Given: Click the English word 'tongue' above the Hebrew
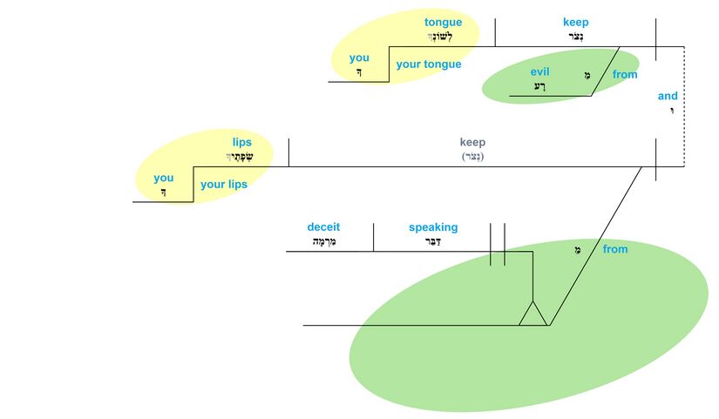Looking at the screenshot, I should [x=443, y=23].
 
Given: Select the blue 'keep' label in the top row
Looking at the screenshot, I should [x=575, y=23].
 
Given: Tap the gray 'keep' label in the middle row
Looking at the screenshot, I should [x=472, y=142].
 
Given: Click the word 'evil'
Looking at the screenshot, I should [x=540, y=71].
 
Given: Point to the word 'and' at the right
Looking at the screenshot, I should [x=668, y=96].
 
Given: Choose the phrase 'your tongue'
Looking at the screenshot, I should [x=429, y=64].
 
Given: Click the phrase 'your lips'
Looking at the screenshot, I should [x=224, y=185].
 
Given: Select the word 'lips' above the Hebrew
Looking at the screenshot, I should [x=241, y=142].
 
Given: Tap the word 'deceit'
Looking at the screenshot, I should [x=323, y=227].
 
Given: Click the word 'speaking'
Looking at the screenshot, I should [x=433, y=227].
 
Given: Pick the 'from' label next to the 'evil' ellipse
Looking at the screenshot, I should [x=625, y=75].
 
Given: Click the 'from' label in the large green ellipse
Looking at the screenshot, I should [x=614, y=249].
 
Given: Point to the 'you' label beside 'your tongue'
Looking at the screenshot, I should [x=359, y=58].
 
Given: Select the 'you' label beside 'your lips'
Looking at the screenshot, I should [x=164, y=178].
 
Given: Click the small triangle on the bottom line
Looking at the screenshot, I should [x=532, y=314].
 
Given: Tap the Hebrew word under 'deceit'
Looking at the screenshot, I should [x=323, y=242].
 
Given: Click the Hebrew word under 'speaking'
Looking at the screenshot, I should [x=433, y=241].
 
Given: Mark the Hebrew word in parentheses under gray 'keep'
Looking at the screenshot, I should [x=472, y=157].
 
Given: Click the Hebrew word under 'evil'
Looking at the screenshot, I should [x=540, y=86].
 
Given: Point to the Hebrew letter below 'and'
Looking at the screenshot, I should [x=671, y=111].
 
